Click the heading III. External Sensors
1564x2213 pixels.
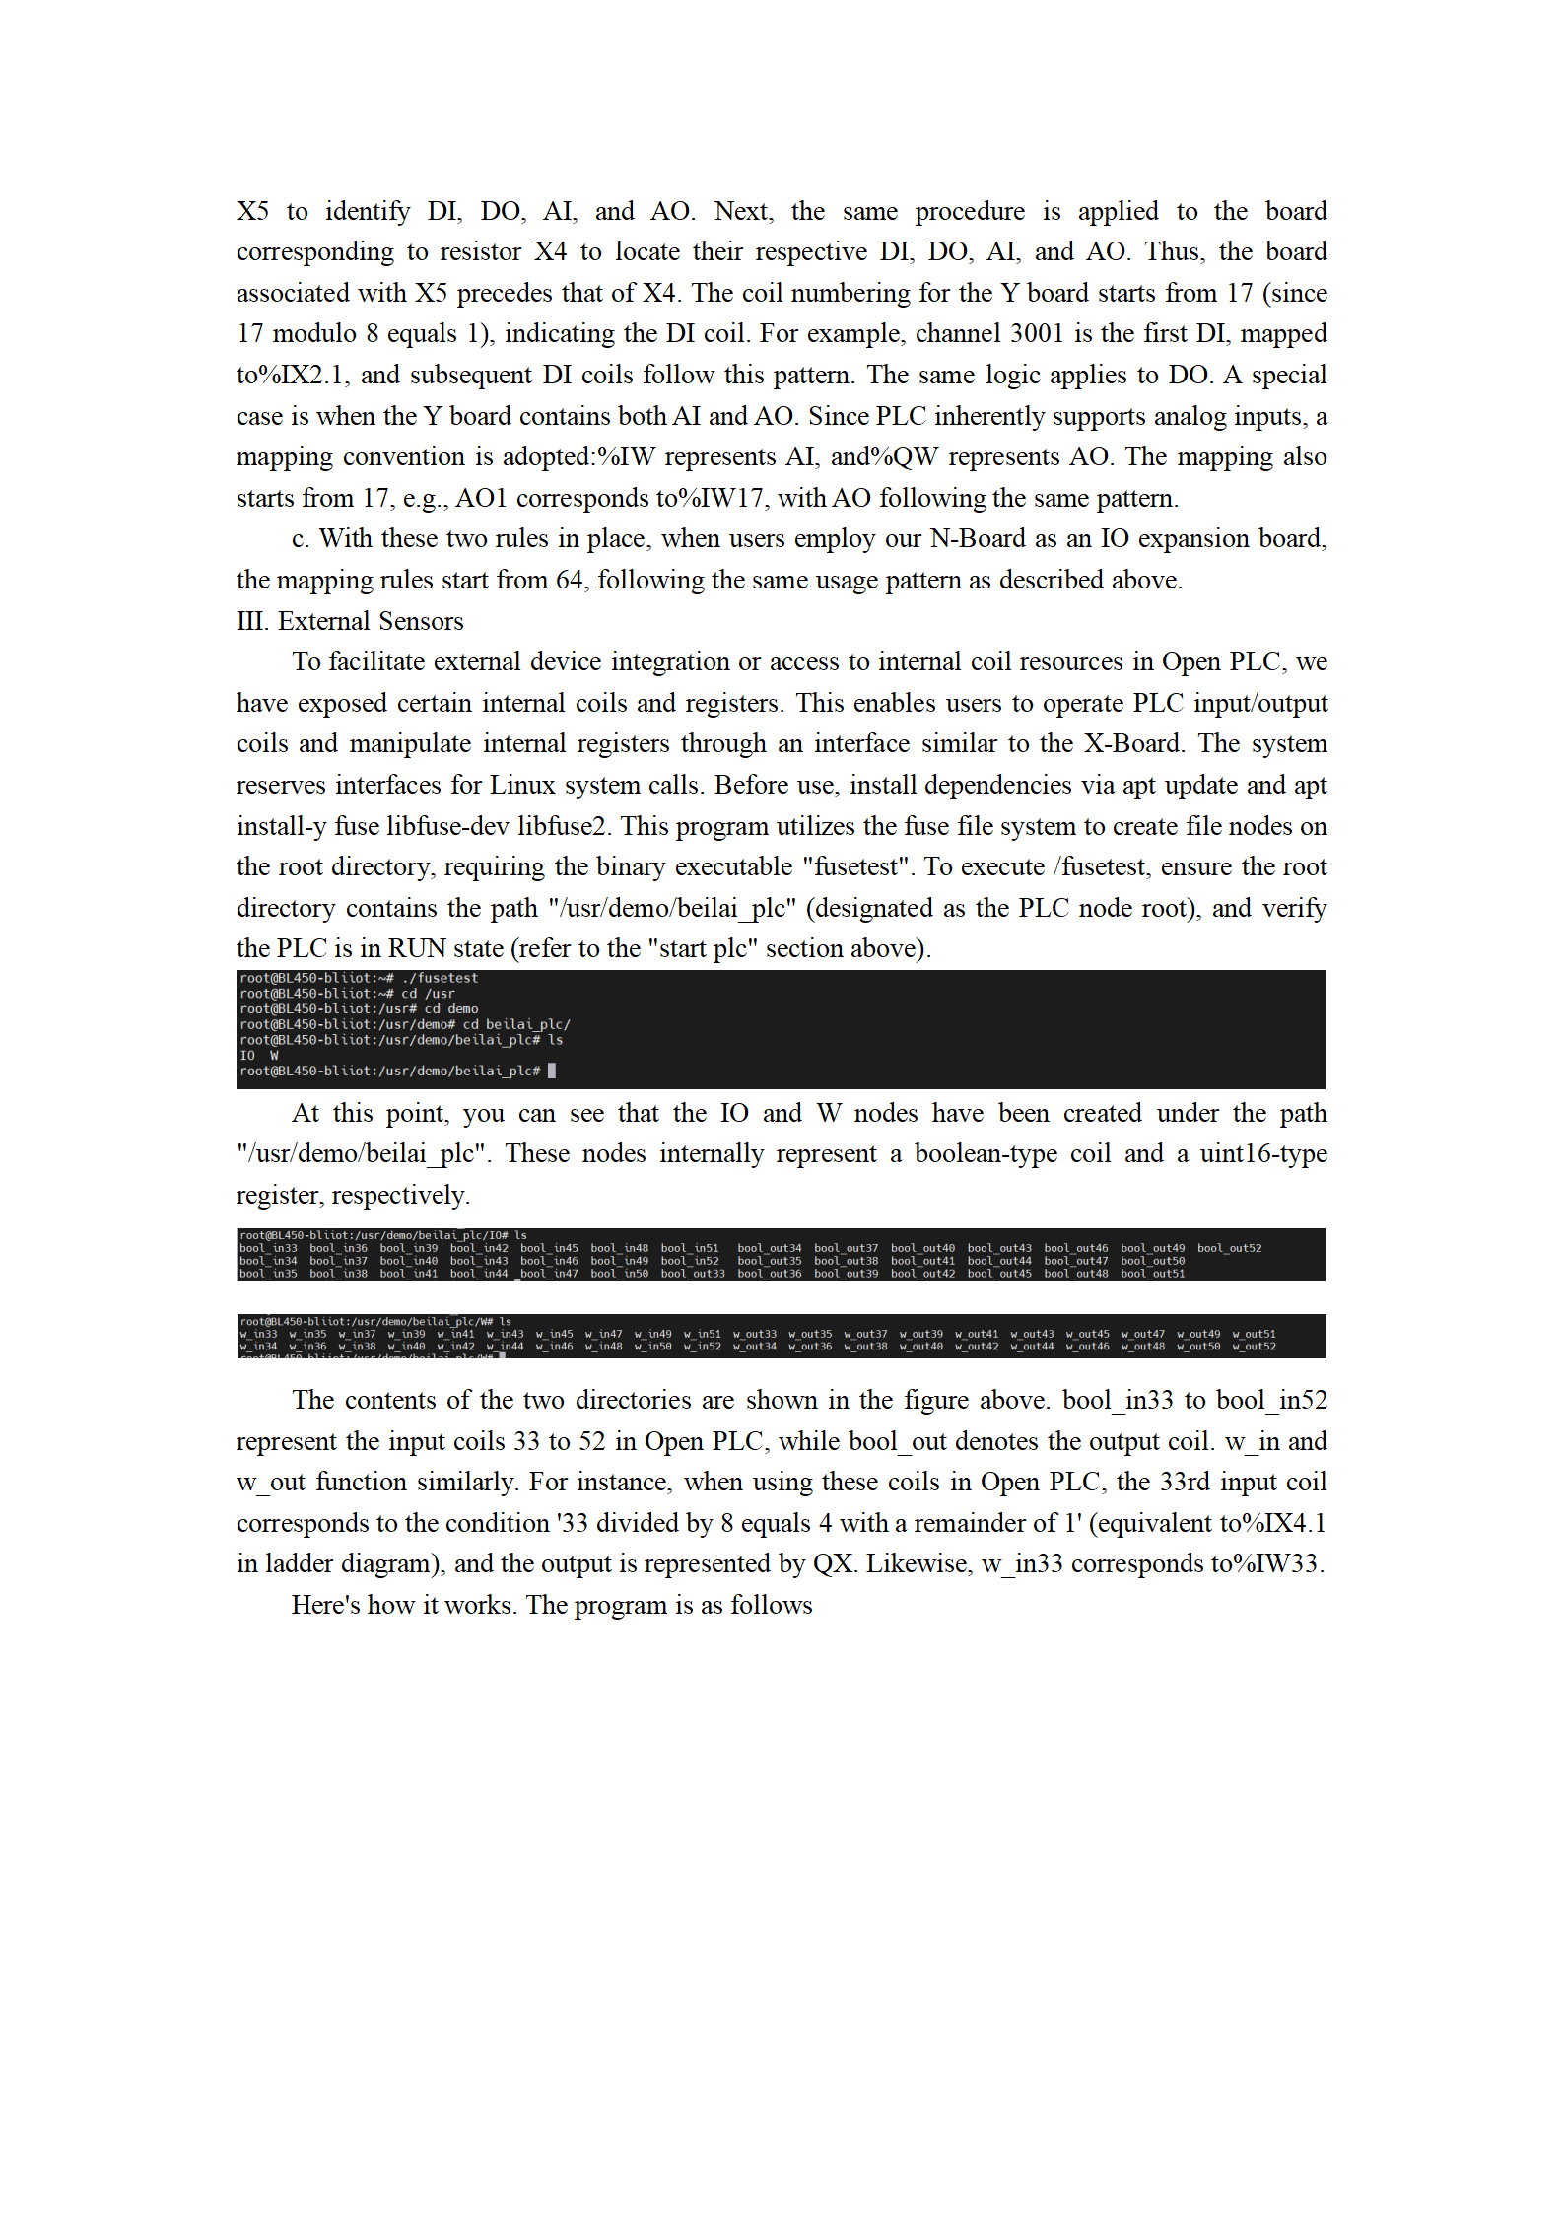[x=350, y=621]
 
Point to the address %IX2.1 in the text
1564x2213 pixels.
[x=300, y=376]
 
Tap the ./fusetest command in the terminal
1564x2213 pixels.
[x=440, y=978]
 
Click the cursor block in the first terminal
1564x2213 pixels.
[x=552, y=1071]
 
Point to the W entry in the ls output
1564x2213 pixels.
[x=274, y=1055]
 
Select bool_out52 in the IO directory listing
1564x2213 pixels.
[x=1229, y=1248]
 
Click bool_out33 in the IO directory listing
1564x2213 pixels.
[x=693, y=1274]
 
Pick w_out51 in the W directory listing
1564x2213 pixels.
[x=1254, y=1334]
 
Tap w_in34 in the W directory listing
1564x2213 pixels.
[x=258, y=1347]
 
